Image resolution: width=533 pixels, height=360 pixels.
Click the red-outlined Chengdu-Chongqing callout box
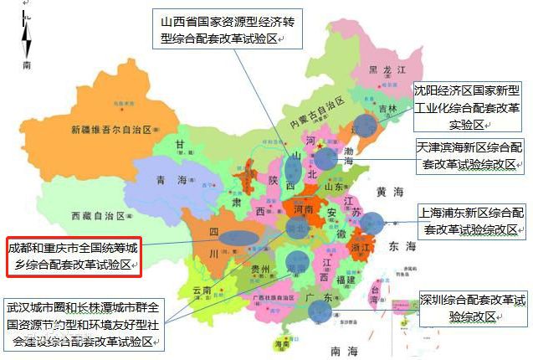coord(73,256)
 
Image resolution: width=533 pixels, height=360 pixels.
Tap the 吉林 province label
coord(386,109)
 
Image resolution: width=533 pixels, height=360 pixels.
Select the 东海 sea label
coord(402,246)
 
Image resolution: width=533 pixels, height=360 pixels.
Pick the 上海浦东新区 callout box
coord(472,219)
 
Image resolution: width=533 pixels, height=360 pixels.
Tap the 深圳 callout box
coord(474,308)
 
